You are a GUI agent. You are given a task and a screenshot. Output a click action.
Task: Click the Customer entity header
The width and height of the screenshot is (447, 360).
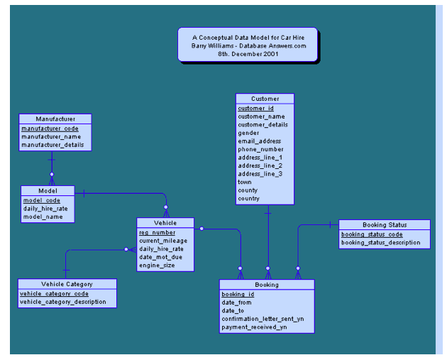pyautogui.click(x=265, y=99)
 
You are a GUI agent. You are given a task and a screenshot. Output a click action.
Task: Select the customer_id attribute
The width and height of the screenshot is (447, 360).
pyautogui.click(x=255, y=109)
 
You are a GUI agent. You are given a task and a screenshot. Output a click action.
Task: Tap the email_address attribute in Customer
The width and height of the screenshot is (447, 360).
pyautogui.click(x=259, y=141)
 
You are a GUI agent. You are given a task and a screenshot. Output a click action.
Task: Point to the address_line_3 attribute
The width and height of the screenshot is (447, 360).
pyautogui.click(x=260, y=174)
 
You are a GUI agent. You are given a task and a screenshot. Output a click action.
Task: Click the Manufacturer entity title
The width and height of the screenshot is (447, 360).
pyautogui.click(x=55, y=119)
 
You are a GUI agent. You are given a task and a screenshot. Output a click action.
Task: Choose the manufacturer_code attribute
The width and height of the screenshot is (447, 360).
pyautogui.click(x=50, y=129)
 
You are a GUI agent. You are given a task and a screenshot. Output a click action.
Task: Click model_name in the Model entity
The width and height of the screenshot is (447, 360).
pyautogui.click(x=43, y=217)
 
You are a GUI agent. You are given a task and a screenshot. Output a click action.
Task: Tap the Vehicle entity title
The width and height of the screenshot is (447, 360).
pyautogui.click(x=165, y=223)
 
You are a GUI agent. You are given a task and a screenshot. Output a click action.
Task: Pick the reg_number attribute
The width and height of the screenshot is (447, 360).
pyautogui.click(x=157, y=232)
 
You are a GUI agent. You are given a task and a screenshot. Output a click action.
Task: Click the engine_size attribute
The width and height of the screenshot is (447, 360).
pyautogui.click(x=157, y=266)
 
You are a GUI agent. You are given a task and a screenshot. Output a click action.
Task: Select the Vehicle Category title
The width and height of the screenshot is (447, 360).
pyautogui.click(x=67, y=284)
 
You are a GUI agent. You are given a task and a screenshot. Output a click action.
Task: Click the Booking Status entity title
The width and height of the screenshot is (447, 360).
pyautogui.click(x=385, y=225)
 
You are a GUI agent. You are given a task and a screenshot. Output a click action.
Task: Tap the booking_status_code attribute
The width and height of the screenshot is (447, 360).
pyautogui.click(x=372, y=234)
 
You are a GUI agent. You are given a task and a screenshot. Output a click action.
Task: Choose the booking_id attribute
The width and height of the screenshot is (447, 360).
pyautogui.click(x=238, y=294)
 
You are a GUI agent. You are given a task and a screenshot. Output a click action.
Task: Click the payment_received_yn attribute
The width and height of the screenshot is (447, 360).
pyautogui.click(x=254, y=327)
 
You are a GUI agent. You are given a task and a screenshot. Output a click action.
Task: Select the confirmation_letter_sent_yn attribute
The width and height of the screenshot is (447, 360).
pyautogui.click(x=263, y=319)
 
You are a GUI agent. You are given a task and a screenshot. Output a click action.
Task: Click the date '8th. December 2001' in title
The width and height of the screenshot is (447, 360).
pyautogui.click(x=248, y=53)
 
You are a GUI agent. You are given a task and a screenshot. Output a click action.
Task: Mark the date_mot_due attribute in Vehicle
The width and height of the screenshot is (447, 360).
pyautogui.click(x=160, y=257)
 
